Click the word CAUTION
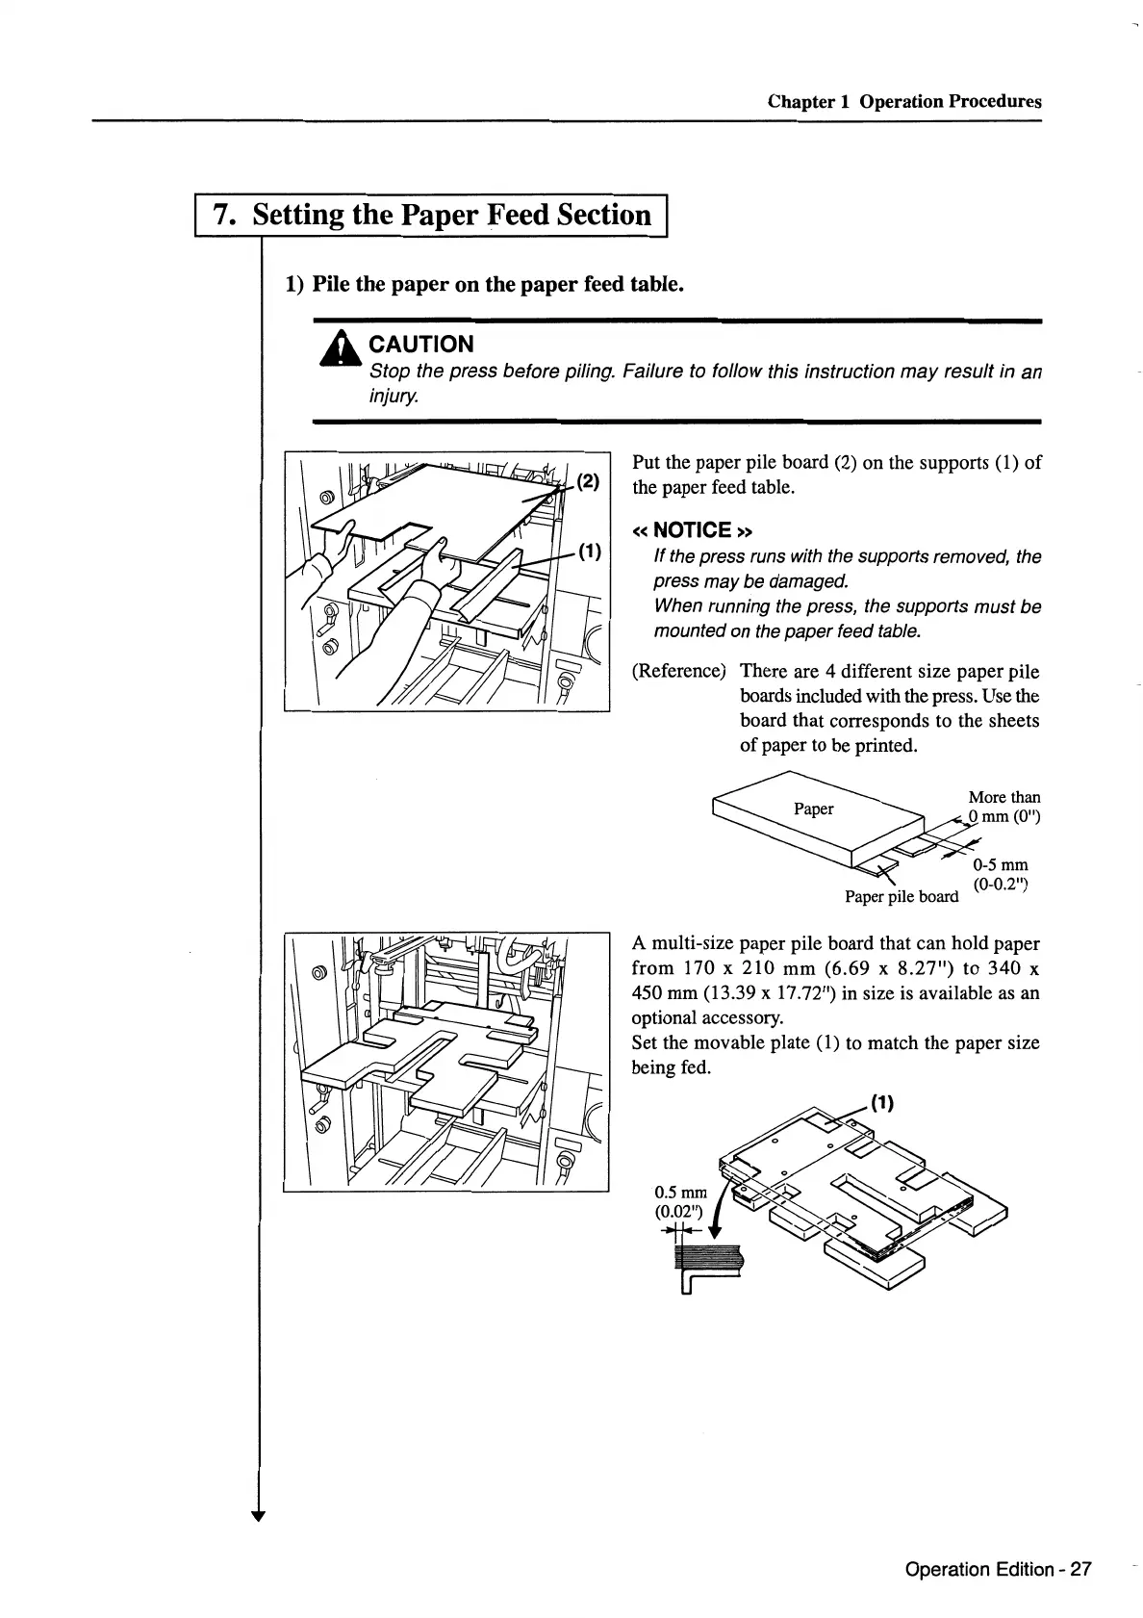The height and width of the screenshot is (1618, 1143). point(421,345)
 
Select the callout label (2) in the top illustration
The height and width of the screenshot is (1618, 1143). point(589,481)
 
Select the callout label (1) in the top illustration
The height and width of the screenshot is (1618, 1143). point(589,552)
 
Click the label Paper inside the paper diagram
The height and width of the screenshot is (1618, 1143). point(813,809)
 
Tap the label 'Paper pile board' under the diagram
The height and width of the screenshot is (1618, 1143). point(901,897)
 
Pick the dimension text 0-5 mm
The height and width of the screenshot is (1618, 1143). point(1000,864)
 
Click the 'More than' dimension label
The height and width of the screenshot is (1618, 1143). point(1003,797)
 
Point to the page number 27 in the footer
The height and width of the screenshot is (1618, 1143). point(1080,1570)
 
